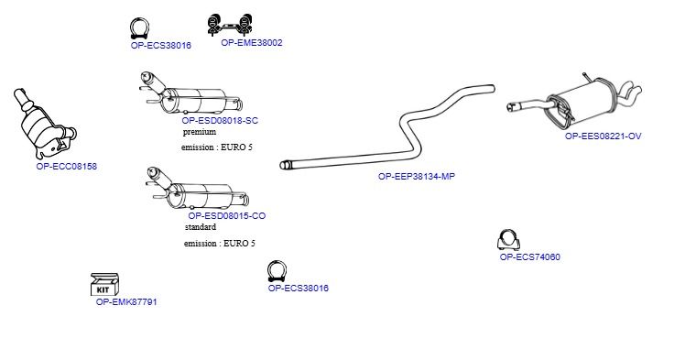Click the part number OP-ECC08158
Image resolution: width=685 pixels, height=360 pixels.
point(67,167)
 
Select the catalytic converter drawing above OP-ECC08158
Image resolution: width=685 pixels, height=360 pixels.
point(45,124)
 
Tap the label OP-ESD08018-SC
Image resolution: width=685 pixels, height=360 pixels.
point(220,121)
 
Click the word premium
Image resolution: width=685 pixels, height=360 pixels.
point(200,132)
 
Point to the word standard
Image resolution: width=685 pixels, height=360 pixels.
point(200,227)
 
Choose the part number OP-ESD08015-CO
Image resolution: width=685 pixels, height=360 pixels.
point(227,216)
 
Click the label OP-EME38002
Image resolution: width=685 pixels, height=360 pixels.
point(252,43)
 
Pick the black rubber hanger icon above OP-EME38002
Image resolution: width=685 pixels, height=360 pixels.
point(230,25)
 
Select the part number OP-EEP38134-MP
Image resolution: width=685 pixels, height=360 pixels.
point(417,177)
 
